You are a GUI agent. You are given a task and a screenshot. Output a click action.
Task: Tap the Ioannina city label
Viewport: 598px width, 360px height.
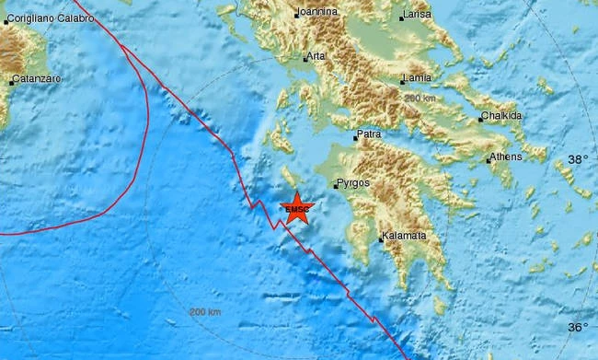(317, 13)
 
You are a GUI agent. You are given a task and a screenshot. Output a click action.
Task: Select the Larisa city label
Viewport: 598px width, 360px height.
(419, 16)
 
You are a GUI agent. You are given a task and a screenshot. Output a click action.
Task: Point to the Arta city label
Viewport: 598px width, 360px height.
(317, 56)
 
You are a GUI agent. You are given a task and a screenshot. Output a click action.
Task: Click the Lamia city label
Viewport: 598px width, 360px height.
(418, 80)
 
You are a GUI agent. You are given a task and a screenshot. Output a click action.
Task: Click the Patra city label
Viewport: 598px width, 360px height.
(369, 135)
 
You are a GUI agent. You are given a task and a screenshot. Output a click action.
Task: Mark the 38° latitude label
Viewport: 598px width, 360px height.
(576, 159)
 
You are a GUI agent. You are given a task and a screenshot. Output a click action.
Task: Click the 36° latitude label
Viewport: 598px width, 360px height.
(576, 328)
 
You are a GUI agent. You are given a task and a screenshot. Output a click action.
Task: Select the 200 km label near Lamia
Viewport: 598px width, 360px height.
(419, 98)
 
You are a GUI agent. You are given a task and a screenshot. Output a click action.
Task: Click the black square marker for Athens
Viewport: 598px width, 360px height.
(489, 160)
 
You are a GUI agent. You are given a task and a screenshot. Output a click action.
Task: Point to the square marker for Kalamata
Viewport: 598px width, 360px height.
(382, 239)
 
